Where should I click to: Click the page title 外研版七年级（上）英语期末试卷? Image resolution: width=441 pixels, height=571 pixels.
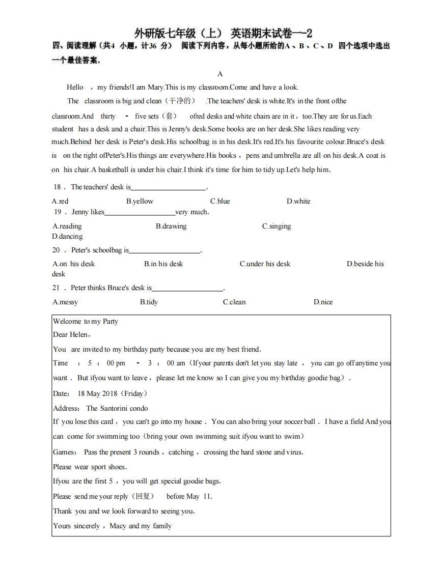point(223,34)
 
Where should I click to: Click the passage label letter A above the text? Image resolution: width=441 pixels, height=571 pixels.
point(220,74)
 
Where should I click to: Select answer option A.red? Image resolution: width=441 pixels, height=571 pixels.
point(60,201)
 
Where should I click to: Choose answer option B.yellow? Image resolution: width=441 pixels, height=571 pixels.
point(140,201)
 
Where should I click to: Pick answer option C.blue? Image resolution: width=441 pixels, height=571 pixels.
point(220,201)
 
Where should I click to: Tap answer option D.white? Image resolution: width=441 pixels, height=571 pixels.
point(298,201)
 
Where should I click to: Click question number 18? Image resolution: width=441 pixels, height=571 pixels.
point(57,187)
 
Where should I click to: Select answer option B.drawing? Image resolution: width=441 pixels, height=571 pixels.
point(171,226)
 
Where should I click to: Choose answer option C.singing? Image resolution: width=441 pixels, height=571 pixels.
point(277,226)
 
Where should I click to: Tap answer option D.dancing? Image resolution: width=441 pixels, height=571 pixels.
point(67,236)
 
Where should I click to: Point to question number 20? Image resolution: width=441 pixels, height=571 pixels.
point(57,250)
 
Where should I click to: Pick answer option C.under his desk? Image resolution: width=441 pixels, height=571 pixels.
point(265,264)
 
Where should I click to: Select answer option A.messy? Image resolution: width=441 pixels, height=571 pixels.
point(65,302)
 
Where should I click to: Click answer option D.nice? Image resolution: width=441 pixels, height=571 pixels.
point(323,302)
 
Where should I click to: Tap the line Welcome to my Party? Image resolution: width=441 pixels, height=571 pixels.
point(86,321)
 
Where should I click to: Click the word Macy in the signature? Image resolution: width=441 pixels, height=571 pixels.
point(118,526)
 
